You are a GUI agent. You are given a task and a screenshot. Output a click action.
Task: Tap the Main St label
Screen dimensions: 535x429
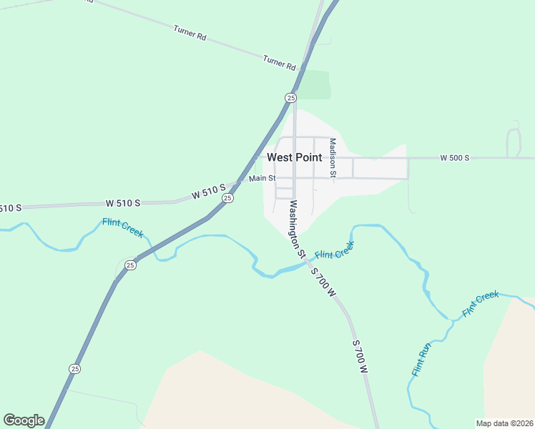(262, 178)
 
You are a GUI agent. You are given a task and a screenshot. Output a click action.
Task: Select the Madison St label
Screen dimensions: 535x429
(333, 157)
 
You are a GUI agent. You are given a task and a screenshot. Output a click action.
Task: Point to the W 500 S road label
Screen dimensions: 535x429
(454, 157)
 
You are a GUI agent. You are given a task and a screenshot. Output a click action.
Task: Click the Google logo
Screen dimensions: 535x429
(24, 420)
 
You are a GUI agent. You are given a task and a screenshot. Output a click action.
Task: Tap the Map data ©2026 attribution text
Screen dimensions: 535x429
(504, 423)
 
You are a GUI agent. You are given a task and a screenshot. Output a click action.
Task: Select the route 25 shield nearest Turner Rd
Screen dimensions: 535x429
(290, 97)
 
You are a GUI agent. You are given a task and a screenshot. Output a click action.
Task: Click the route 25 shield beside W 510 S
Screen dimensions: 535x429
(227, 198)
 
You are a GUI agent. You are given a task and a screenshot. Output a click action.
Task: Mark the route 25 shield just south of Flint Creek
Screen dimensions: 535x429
(130, 265)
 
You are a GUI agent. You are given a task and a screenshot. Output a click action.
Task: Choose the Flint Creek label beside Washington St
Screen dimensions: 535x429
(334, 251)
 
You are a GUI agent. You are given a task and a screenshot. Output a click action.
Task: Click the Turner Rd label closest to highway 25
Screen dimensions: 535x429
(279, 62)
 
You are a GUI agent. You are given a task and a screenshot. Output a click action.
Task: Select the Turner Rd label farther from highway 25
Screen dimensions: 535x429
(190, 32)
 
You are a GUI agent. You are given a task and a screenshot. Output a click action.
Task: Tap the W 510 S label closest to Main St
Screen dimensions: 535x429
(208, 191)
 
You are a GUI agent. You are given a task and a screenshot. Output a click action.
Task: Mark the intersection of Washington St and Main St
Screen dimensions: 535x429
(294, 178)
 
